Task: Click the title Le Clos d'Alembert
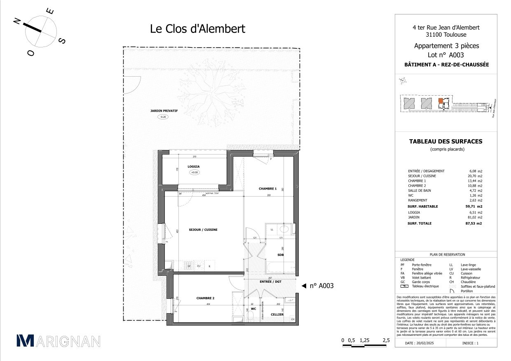click(x=197, y=29)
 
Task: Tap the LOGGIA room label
click(x=193, y=166)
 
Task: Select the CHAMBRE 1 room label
click(x=267, y=189)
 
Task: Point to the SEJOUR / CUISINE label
click(x=203, y=230)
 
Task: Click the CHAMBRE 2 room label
click(x=205, y=298)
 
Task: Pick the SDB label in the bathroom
click(x=281, y=255)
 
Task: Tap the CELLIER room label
click(x=277, y=314)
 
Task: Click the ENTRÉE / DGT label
click(x=270, y=281)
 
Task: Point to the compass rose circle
click(x=40, y=31)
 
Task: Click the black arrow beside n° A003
click(x=304, y=286)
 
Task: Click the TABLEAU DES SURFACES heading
click(x=445, y=141)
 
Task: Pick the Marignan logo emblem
click(x=25, y=340)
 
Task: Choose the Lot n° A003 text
click(x=446, y=55)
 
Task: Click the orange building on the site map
click(x=441, y=101)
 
